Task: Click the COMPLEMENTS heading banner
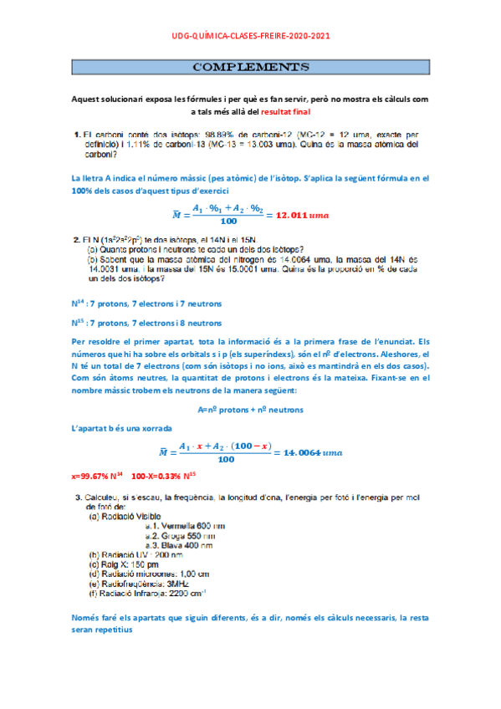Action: (251, 66)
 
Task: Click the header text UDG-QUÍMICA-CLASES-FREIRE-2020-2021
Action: (251, 35)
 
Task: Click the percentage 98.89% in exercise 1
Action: (230, 134)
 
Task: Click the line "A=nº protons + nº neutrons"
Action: (251, 410)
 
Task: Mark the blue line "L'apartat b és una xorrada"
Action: (122, 428)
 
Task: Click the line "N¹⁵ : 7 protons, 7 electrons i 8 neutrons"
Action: (146, 322)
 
